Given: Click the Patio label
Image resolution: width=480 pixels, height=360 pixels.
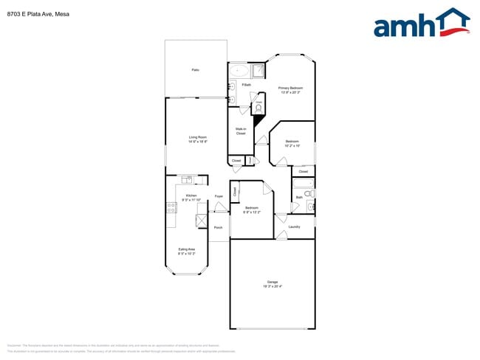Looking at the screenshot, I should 195,70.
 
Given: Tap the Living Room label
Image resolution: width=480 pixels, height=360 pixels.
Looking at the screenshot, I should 197,137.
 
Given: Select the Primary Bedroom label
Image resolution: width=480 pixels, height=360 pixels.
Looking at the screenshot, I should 290,89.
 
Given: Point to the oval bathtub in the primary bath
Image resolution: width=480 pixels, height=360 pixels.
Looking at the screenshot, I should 239,72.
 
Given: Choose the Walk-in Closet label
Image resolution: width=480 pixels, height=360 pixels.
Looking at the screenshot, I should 241,131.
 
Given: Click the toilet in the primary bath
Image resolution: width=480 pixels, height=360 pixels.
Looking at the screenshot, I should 259,107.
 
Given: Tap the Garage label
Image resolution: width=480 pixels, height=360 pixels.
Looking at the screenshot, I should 272,283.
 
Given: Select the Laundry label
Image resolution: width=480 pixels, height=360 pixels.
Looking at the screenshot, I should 293,226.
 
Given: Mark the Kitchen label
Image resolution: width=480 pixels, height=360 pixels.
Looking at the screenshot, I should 191,195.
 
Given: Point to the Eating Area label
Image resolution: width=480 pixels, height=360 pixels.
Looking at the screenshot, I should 187,249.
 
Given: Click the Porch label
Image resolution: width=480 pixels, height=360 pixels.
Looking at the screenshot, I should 219,227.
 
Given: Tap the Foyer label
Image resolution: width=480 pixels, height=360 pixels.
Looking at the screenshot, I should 219,196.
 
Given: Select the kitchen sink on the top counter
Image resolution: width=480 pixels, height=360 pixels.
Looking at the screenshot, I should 187,179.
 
